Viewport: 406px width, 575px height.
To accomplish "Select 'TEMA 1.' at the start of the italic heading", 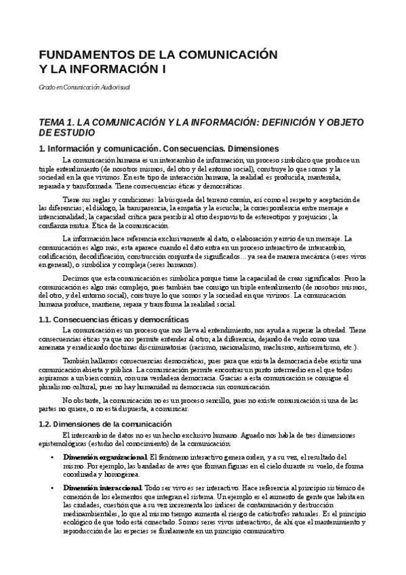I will pyautogui.click(x=58, y=121).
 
